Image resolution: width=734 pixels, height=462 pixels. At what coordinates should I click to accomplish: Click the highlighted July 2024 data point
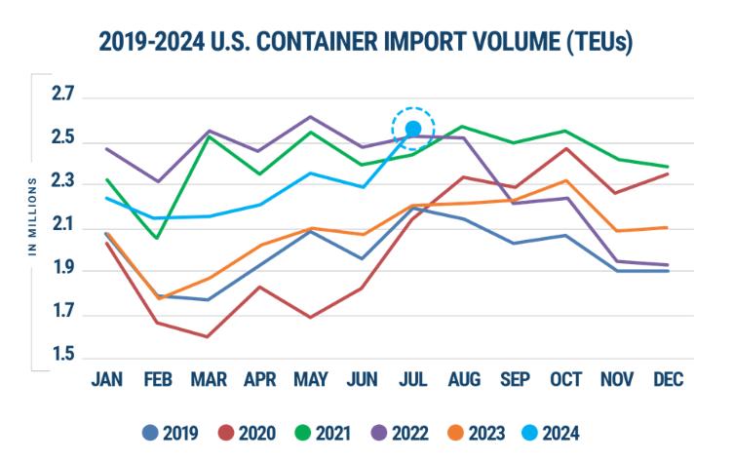click(413, 129)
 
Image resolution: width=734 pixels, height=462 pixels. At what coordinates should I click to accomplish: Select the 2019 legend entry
click(172, 432)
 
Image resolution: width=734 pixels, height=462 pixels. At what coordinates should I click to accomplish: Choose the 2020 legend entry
click(246, 432)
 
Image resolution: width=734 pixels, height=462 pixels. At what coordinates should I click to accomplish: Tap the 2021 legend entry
click(321, 432)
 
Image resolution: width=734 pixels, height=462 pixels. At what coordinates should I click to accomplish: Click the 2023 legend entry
click(473, 432)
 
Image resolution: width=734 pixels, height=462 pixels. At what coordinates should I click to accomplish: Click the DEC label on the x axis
click(668, 378)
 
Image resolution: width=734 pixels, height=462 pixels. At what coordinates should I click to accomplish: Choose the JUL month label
click(412, 378)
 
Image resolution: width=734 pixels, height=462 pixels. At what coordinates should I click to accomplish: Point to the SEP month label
click(515, 378)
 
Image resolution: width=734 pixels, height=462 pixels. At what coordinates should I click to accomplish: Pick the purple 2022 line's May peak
click(311, 117)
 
